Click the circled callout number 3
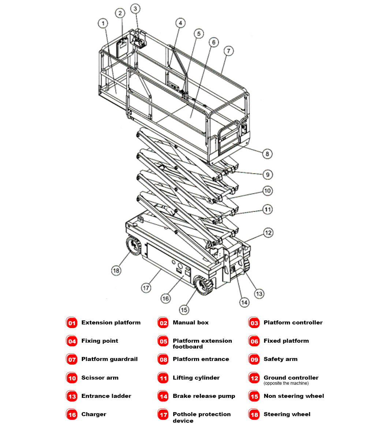coord(135,8)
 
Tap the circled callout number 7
coord(228,51)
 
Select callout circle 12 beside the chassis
coord(268,233)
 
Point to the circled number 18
coord(116,270)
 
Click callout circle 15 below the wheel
coord(184,310)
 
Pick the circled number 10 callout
coord(268,191)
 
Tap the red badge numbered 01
coord(72,323)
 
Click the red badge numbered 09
coord(254,360)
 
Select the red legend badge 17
coord(163,415)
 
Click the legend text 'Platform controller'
coord(293,323)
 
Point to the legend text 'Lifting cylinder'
coord(196,378)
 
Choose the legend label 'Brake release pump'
coord(204,396)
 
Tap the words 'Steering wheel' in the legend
coord(287,414)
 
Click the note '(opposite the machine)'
coord(286,383)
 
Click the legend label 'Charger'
coord(94,414)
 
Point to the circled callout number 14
coord(244,302)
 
